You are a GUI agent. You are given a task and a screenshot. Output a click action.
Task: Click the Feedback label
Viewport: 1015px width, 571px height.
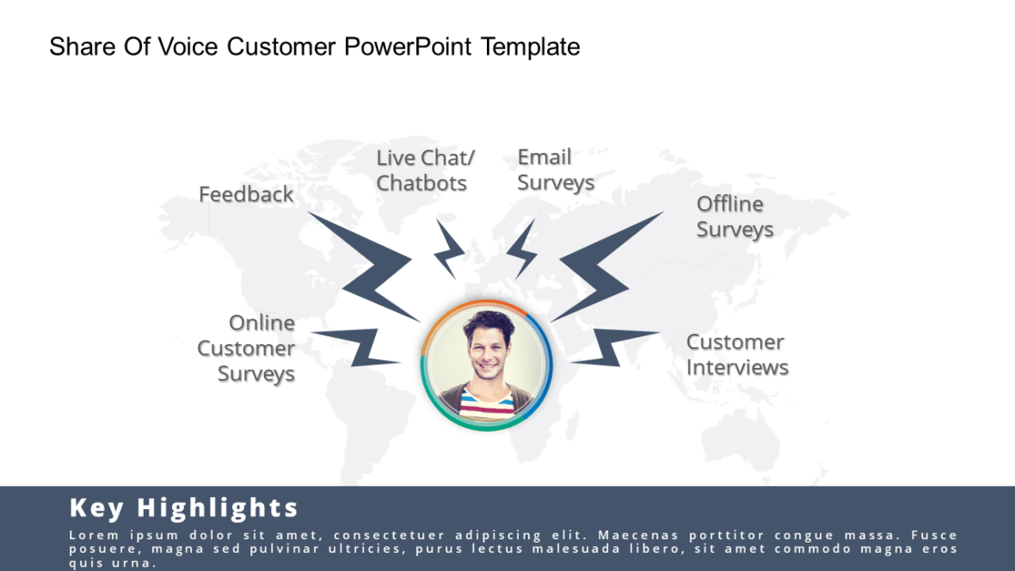point(246,194)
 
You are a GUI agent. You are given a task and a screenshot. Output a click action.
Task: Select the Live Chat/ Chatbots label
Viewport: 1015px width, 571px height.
point(424,170)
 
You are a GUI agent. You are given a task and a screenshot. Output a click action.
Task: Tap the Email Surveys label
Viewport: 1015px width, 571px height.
point(555,170)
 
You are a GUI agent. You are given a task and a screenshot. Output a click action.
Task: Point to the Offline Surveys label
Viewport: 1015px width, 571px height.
point(735,217)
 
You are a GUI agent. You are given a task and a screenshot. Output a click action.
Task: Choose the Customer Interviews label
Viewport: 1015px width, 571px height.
point(736,354)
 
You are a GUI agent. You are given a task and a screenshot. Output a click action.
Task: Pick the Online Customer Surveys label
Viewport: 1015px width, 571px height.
point(247,348)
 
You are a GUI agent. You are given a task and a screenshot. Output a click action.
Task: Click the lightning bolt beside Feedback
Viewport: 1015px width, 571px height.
point(370,267)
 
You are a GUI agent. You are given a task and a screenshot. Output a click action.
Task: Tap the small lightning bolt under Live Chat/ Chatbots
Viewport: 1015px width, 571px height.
point(448,249)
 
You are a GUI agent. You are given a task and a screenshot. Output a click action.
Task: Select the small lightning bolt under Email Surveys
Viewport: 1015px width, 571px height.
point(522,249)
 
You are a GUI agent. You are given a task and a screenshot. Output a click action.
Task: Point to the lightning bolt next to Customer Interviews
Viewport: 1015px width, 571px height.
point(613,347)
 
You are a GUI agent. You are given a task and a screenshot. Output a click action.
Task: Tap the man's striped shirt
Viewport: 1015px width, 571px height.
point(486,402)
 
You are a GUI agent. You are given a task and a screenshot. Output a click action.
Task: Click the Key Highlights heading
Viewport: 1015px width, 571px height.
point(183,507)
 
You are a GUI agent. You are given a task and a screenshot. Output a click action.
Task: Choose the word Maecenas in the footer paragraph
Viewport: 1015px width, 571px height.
point(635,535)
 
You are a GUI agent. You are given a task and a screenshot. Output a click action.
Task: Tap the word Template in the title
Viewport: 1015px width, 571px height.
point(531,46)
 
